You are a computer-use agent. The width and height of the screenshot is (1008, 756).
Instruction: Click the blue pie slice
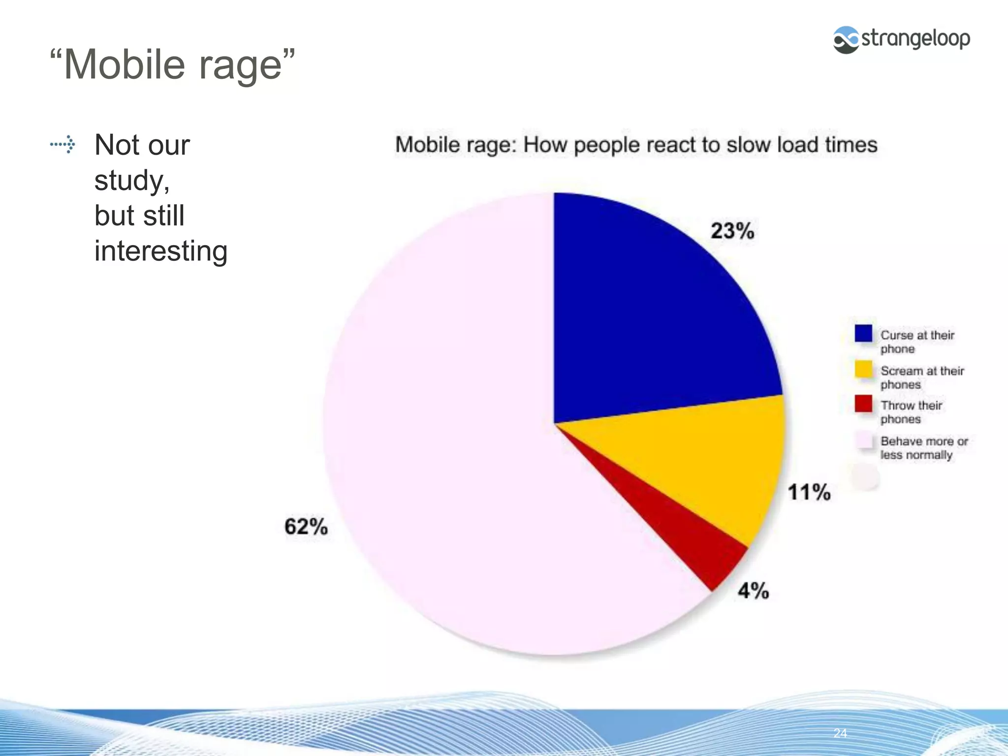[655, 315]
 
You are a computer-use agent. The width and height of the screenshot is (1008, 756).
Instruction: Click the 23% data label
[732, 231]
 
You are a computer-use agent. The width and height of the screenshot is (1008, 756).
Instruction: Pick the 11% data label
[809, 492]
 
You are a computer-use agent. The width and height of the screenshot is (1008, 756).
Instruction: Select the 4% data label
[753, 590]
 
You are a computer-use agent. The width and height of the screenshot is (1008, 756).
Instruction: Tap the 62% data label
[306, 526]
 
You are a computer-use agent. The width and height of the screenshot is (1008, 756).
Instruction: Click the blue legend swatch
[863, 333]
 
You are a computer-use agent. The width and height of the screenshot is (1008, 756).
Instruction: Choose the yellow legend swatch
[863, 369]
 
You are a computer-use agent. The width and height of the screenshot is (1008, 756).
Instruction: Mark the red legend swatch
[863, 404]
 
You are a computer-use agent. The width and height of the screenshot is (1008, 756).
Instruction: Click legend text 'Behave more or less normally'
[923, 448]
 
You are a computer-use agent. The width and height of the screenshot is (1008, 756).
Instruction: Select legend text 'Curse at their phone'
[916, 342]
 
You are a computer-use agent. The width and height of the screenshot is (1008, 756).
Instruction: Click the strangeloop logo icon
[846, 39]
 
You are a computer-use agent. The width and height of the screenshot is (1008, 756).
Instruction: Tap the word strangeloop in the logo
[915, 38]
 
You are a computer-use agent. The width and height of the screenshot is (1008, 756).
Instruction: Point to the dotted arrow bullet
[63, 145]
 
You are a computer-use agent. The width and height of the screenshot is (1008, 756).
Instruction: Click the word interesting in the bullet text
[161, 251]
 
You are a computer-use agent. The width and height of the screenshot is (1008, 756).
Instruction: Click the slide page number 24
[840, 733]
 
